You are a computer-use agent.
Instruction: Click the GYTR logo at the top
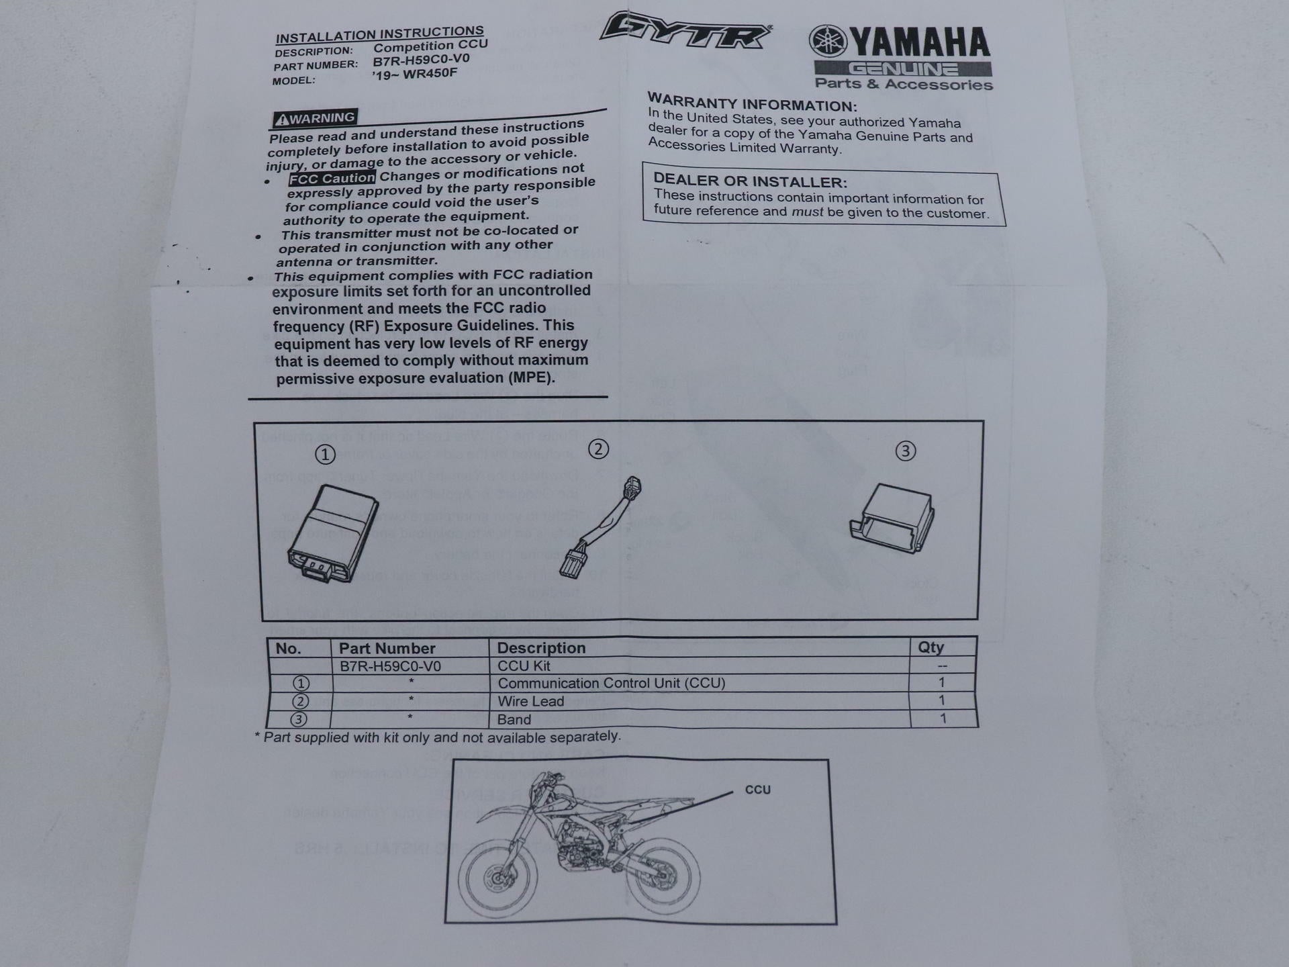point(685,32)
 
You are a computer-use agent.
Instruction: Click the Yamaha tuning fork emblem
point(828,42)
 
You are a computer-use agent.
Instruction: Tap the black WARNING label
point(315,119)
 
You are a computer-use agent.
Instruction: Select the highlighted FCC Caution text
point(332,179)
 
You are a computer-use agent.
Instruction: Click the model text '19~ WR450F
point(414,73)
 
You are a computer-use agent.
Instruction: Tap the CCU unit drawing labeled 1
point(332,534)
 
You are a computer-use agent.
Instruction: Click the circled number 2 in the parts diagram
point(598,449)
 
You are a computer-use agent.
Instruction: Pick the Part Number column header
point(387,648)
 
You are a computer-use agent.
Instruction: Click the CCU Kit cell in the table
point(524,666)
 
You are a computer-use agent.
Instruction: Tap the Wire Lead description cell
point(530,702)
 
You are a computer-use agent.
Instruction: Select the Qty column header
point(930,647)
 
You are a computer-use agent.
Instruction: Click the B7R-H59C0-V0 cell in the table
point(390,666)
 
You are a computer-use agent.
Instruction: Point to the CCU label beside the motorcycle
point(757,790)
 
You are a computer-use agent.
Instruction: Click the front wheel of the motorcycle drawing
point(497,878)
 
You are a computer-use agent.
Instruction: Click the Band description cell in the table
point(514,720)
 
